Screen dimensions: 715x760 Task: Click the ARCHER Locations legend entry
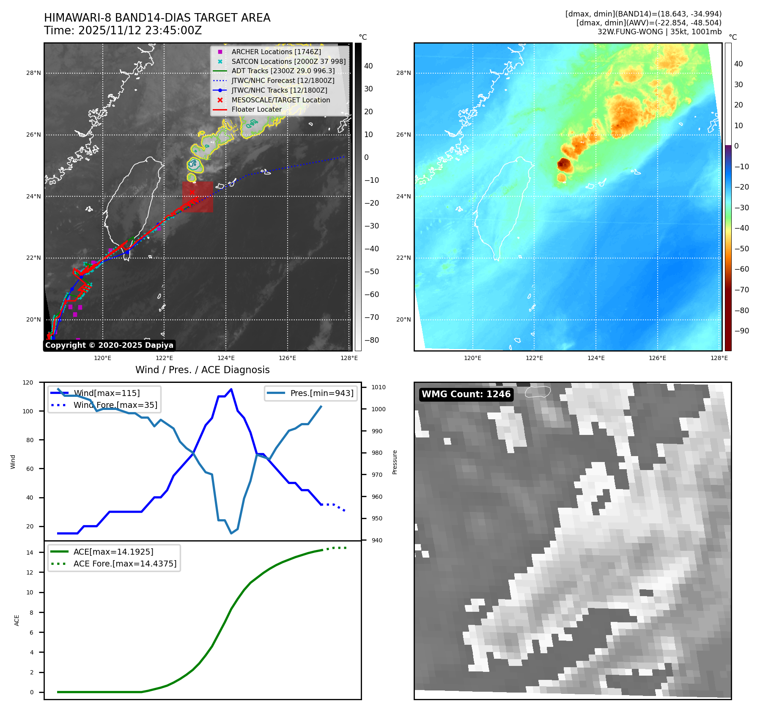tap(276, 52)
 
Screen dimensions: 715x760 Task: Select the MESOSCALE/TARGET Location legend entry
tap(280, 100)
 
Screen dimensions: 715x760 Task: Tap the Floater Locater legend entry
tap(256, 109)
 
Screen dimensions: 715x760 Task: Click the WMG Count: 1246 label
tap(466, 394)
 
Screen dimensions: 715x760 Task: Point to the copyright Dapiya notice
tap(109, 345)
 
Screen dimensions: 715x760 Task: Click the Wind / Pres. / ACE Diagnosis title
tap(202, 370)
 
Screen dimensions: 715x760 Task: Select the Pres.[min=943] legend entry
tap(321, 393)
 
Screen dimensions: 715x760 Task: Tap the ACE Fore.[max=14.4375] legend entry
tap(125, 564)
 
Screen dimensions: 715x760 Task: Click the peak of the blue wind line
tap(231, 389)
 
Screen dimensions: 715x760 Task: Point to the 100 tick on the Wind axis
tap(30, 411)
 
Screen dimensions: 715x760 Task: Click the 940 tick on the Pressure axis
tap(377, 540)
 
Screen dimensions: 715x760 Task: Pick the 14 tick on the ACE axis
tap(30, 553)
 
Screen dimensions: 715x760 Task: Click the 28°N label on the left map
tap(34, 73)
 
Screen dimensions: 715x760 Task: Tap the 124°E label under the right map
tap(596, 358)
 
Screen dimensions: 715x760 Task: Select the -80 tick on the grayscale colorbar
tap(372, 340)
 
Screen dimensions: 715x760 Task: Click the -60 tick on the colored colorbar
tap(742, 269)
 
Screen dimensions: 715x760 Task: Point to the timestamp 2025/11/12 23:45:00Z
tap(140, 30)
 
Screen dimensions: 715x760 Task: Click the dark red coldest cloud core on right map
tap(563, 164)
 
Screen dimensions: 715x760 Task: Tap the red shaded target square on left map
tap(198, 197)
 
